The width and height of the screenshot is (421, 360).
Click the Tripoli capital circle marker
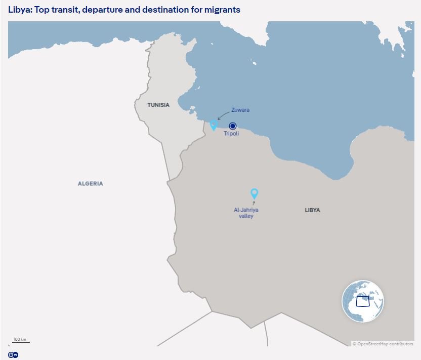point(233,126)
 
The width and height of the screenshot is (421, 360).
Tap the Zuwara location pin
point(214,124)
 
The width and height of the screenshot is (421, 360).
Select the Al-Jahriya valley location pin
point(255,193)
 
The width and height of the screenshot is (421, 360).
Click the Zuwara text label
point(240,110)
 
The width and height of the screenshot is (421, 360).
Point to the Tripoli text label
point(231,134)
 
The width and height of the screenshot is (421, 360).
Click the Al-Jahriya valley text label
point(246,213)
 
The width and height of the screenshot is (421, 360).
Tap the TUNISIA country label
point(158,105)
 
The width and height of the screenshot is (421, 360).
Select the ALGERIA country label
point(91,183)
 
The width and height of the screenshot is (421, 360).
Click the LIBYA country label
point(312,210)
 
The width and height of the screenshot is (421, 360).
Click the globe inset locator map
point(363,301)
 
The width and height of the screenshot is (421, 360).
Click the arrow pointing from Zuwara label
point(222,116)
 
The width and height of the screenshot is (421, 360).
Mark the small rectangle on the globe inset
point(363,301)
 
